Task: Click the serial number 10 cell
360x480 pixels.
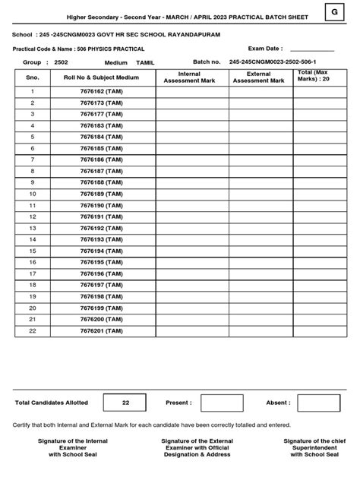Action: click(x=33, y=194)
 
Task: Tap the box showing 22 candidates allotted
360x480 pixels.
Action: click(x=125, y=403)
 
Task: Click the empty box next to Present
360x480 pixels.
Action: click(x=222, y=403)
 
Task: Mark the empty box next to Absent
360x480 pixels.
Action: click(x=319, y=403)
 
